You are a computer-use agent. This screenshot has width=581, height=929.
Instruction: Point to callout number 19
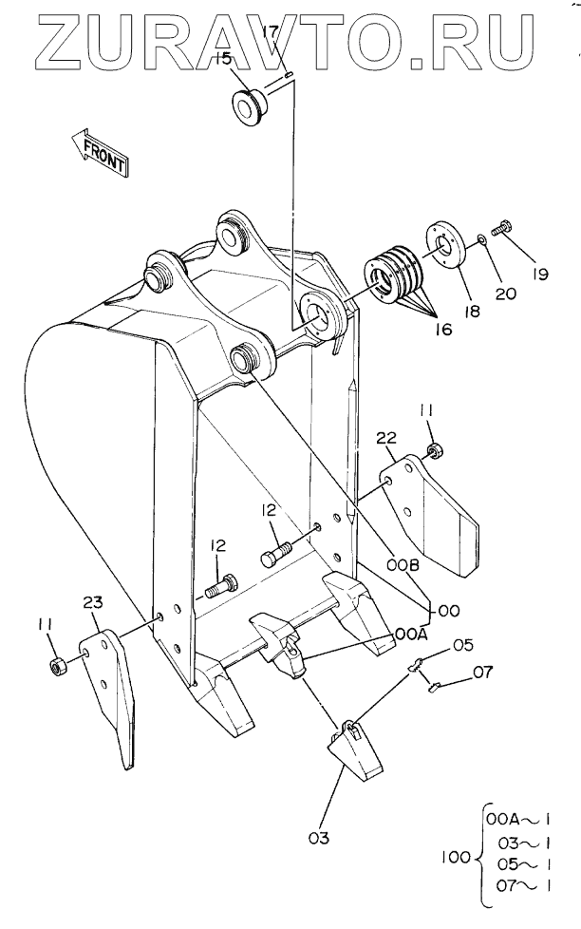[x=539, y=274]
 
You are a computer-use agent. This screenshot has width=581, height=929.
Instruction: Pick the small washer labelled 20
[x=481, y=238]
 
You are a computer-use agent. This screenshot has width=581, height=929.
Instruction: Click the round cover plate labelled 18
[x=444, y=246]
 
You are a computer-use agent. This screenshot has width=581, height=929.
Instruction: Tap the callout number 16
[x=442, y=329]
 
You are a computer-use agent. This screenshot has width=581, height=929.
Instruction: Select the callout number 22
[x=385, y=438]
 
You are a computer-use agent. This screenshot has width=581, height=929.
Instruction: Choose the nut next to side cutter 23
[x=58, y=667]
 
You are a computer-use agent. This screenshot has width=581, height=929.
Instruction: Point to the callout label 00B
[x=403, y=565]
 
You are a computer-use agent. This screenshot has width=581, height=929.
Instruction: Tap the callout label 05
[x=463, y=645]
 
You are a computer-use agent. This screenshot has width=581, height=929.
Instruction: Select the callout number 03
[x=319, y=838]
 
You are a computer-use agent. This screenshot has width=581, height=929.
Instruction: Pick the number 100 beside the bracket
[x=456, y=857]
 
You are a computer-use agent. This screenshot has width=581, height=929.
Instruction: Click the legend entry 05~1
[x=525, y=864]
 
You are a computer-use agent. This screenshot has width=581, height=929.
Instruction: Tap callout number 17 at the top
[x=270, y=30]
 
